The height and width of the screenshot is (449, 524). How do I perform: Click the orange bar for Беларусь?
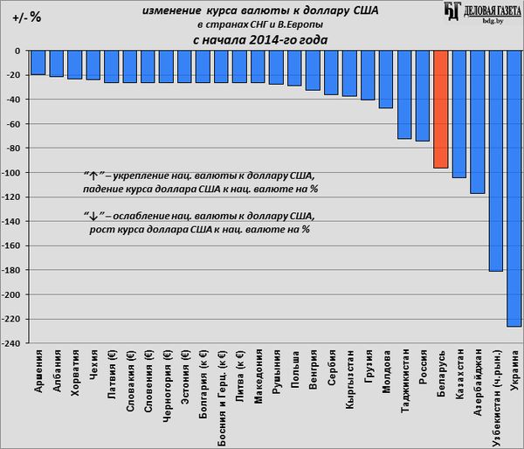[440, 109]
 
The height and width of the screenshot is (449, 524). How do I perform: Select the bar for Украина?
[514, 188]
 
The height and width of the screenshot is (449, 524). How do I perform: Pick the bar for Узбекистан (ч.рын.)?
[495, 161]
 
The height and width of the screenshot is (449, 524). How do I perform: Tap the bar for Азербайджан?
[477, 121]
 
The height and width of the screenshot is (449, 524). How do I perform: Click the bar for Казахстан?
[458, 114]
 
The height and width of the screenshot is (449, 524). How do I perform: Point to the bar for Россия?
[422, 95]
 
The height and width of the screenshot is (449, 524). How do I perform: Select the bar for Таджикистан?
[403, 94]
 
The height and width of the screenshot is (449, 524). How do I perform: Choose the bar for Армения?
[38, 62]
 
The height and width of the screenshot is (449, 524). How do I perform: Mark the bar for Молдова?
[385, 79]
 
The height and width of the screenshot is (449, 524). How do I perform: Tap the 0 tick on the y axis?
[17, 51]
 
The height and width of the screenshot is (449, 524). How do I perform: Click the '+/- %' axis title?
[25, 17]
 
